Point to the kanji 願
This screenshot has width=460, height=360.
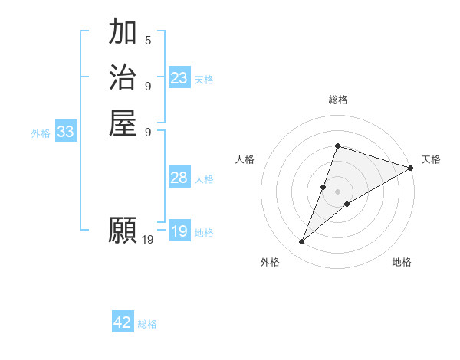(123, 231)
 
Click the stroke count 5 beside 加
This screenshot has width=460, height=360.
(148, 40)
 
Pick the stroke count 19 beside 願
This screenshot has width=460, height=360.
(148, 240)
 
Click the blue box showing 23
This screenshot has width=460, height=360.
(179, 78)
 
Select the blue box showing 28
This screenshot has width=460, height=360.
(179, 178)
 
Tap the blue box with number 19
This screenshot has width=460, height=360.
(179, 231)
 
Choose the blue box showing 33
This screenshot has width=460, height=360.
(66, 133)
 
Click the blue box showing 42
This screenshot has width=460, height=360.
(123, 322)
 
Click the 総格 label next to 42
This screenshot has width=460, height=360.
(147, 324)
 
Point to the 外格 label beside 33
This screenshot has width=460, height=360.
(41, 133)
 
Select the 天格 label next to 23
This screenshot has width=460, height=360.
(204, 80)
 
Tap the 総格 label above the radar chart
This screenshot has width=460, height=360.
(337, 100)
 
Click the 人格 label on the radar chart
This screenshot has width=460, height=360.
(245, 159)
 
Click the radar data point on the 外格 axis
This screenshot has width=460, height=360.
(302, 242)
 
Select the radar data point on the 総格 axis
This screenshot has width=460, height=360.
(337, 146)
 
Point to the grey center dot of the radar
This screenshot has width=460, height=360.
(337, 191)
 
